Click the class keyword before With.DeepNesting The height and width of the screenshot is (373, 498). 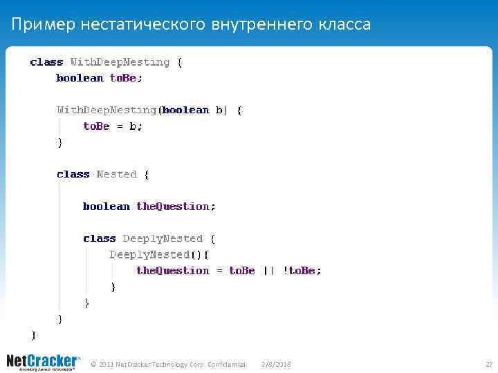coord(46,62)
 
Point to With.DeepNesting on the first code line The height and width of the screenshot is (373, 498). coord(120,62)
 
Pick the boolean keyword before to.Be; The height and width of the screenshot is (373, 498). coord(80,78)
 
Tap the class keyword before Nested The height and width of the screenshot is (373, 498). coord(73,174)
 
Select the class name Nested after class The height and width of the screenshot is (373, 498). coord(117,174)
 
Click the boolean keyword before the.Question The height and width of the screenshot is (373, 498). coord(107,206)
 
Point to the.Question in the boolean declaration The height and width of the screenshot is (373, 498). coord(176,206)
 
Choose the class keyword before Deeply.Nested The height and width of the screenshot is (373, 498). coord(100,238)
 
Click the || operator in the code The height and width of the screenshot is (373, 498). coord(268,270)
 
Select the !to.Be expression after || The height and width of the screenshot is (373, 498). coord(302,270)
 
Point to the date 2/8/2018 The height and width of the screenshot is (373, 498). coord(277,364)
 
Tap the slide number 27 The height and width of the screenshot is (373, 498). coord(488,364)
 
